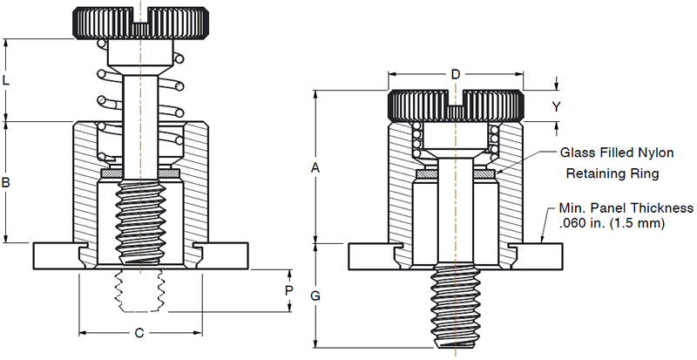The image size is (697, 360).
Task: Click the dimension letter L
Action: tap(7, 80)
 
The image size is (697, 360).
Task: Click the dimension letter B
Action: tap(7, 183)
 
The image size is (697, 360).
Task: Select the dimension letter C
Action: tap(139, 332)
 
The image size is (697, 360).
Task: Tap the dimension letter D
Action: tap(455, 75)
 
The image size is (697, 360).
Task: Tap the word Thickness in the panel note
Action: tap(662, 208)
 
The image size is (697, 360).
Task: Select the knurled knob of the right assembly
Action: tap(455, 105)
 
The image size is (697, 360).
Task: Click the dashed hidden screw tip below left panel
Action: tap(139, 290)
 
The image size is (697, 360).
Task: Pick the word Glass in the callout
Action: tap(578, 153)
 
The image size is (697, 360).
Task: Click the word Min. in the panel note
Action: tap(560, 208)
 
